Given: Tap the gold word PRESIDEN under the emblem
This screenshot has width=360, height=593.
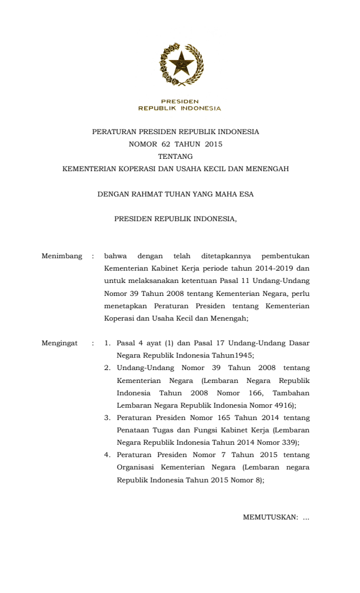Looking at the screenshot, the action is pos(180,102).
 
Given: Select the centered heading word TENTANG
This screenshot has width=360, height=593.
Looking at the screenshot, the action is pos(175,156).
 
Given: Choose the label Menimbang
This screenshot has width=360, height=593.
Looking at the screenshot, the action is pos(62,256).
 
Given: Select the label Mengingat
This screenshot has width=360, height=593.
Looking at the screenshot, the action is pos(59,342).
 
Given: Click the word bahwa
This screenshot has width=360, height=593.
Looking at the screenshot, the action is pos(115,256).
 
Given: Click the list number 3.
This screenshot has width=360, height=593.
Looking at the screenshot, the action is pos(108,417).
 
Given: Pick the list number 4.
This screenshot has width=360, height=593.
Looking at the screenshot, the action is pos(108,455).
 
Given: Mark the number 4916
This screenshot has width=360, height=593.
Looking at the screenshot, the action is pos(282,405).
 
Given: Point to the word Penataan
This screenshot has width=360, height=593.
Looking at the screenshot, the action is pos(132,430).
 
